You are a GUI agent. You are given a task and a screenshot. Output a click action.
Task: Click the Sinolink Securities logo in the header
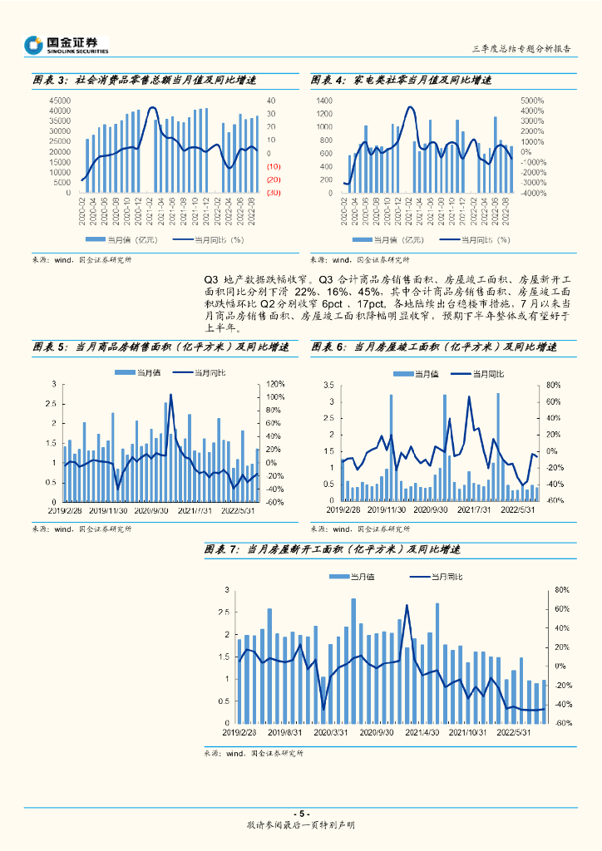pyautogui.click(x=67, y=44)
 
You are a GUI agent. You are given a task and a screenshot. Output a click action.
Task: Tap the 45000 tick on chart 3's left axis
pyautogui.click(x=59, y=101)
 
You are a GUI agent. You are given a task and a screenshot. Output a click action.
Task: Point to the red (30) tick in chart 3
pyautogui.click(x=273, y=192)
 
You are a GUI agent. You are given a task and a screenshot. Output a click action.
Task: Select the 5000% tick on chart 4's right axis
pyautogui.click(x=532, y=101)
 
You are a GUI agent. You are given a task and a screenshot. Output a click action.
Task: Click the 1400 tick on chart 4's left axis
pyautogui.click(x=324, y=101)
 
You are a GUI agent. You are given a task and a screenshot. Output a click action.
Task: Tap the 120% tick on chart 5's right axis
pyautogui.click(x=275, y=384)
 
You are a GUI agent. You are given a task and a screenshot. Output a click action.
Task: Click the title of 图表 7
pyautogui.click(x=332, y=550)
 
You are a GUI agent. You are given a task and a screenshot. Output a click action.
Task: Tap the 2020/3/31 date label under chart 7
pyautogui.click(x=332, y=732)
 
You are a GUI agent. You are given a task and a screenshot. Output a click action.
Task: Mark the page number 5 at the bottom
pyautogui.click(x=302, y=814)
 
